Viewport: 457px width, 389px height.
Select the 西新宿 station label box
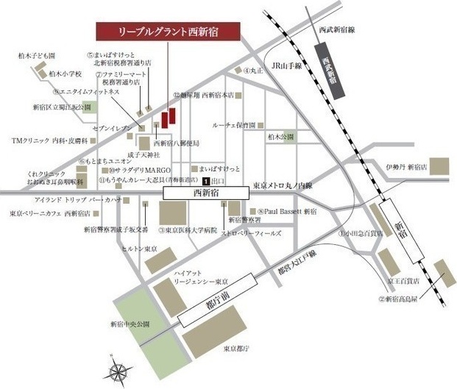pos(206,192)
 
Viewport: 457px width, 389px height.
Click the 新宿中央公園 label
pos(130,323)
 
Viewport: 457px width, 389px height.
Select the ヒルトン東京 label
pos(140,249)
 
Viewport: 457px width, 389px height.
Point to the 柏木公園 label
pos(280,136)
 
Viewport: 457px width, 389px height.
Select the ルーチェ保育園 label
pos(234,126)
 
